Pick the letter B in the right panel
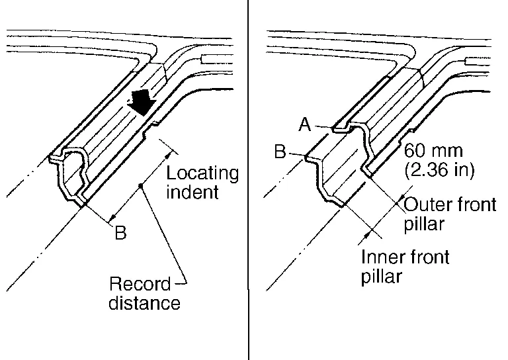coord(280,152)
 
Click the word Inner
coord(380,256)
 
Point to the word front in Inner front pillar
coord(425,256)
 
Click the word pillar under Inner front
coord(381,275)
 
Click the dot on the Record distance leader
coord(141,188)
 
